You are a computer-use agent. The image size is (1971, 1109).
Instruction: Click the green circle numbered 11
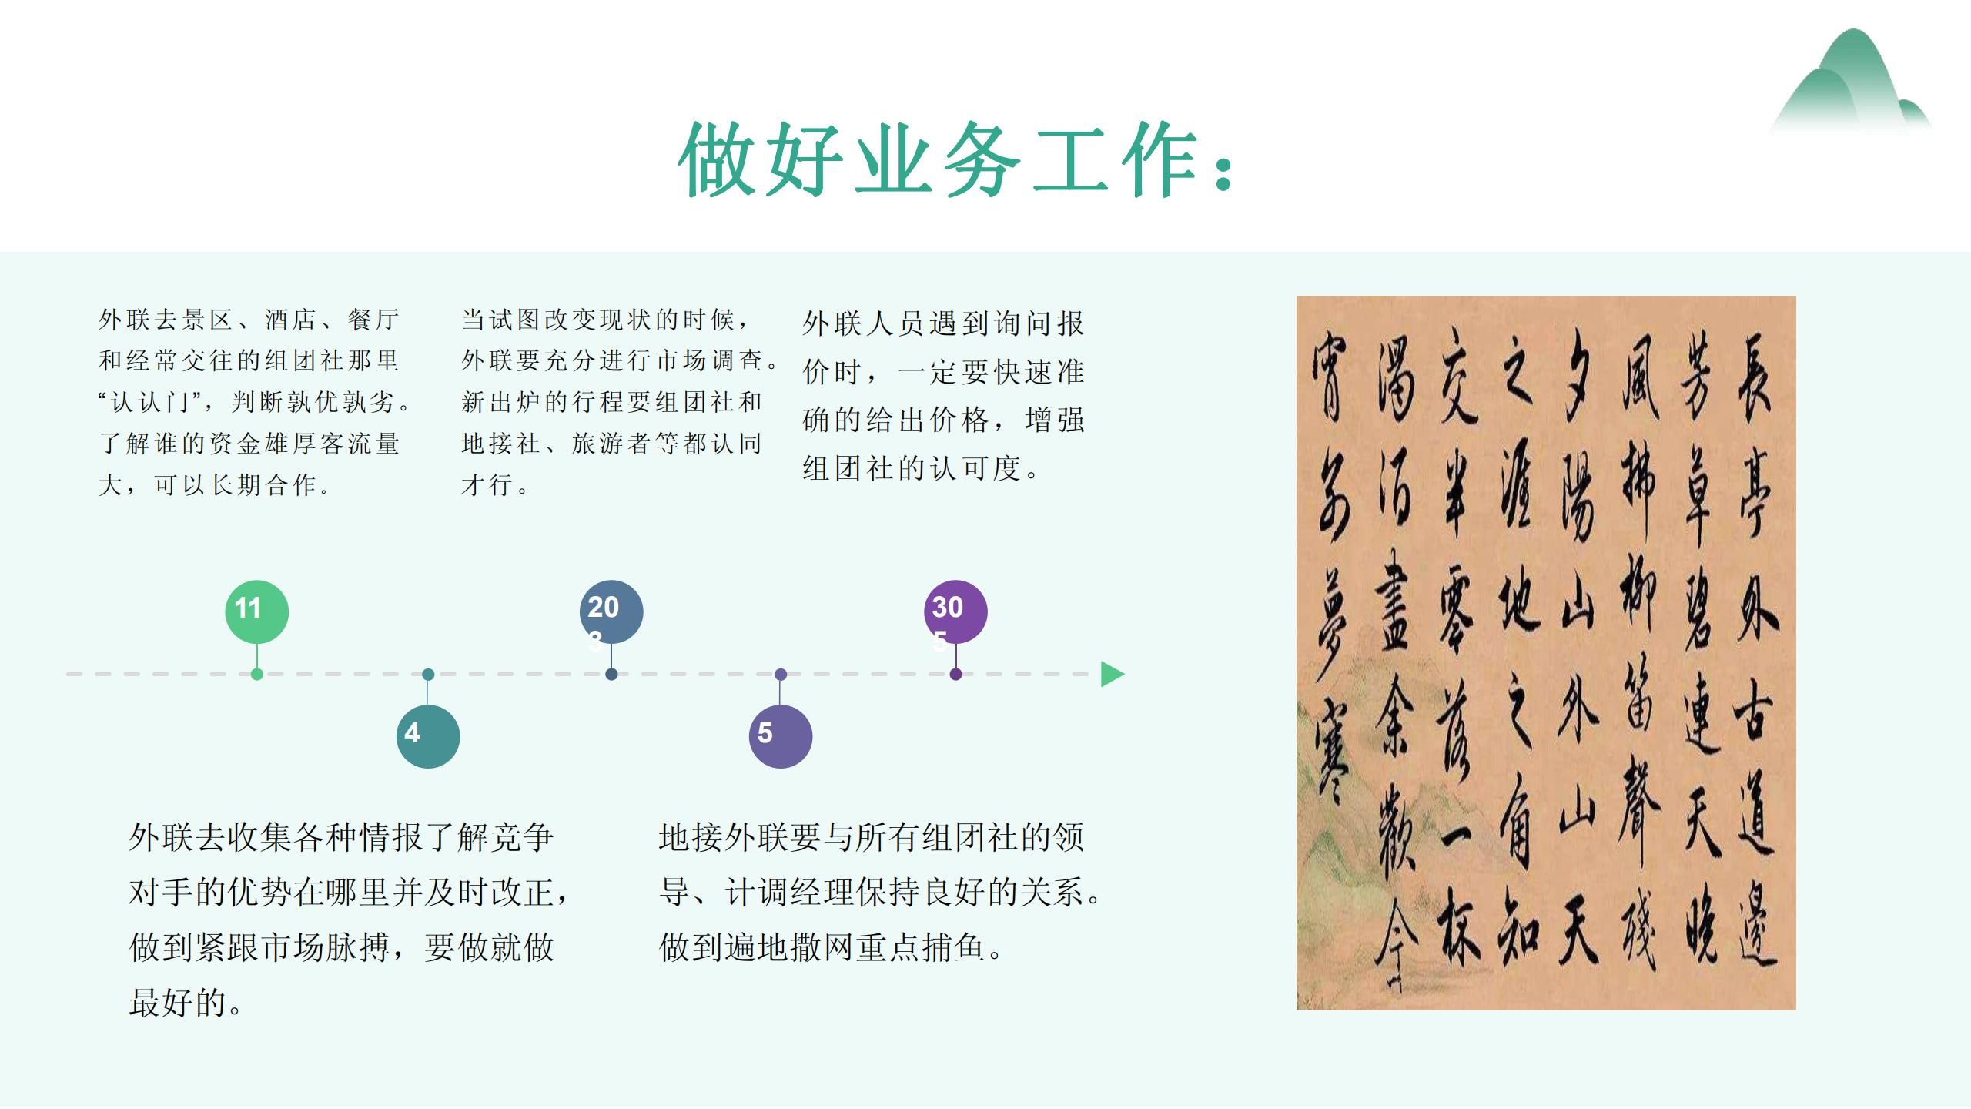click(x=256, y=611)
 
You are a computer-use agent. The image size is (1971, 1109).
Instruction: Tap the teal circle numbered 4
click(x=428, y=735)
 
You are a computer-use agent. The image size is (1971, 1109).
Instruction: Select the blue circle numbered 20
click(x=611, y=611)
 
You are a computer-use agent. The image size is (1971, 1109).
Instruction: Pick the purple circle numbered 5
click(x=780, y=735)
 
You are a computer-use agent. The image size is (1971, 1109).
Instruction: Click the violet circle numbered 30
click(x=955, y=611)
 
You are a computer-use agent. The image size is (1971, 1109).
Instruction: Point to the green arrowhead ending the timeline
click(x=1112, y=674)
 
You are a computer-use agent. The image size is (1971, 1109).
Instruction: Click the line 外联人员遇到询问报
click(x=942, y=323)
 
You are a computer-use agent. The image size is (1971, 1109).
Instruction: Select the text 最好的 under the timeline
click(x=177, y=1003)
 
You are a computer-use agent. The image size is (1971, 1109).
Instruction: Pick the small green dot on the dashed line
click(x=257, y=674)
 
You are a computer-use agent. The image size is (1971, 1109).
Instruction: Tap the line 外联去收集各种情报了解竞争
click(x=340, y=837)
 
